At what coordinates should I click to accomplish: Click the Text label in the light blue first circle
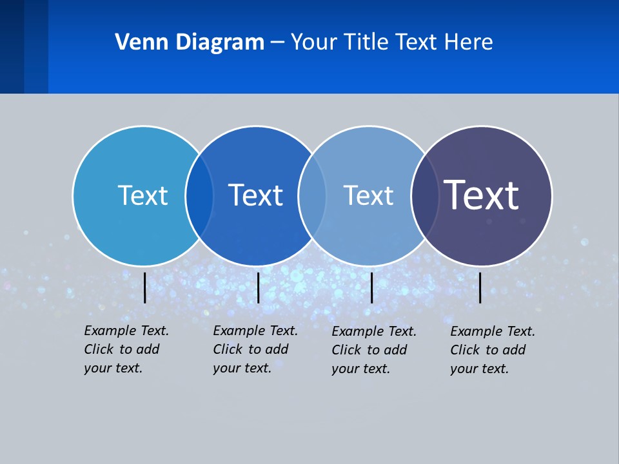142,195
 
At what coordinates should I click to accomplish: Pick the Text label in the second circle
255,195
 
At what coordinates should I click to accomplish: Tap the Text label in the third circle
368,195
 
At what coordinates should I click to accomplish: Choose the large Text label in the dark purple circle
482,195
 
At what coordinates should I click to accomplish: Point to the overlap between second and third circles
312,196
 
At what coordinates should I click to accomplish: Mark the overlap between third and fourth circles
425,196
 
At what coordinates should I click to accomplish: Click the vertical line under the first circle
144,287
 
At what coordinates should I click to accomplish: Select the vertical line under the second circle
258,287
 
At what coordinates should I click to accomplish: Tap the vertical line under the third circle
371,287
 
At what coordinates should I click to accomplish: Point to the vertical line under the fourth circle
480,287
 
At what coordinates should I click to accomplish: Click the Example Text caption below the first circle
126,349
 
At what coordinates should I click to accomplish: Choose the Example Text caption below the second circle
255,349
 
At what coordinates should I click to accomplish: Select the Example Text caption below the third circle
374,350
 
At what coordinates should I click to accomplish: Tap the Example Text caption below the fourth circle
493,350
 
